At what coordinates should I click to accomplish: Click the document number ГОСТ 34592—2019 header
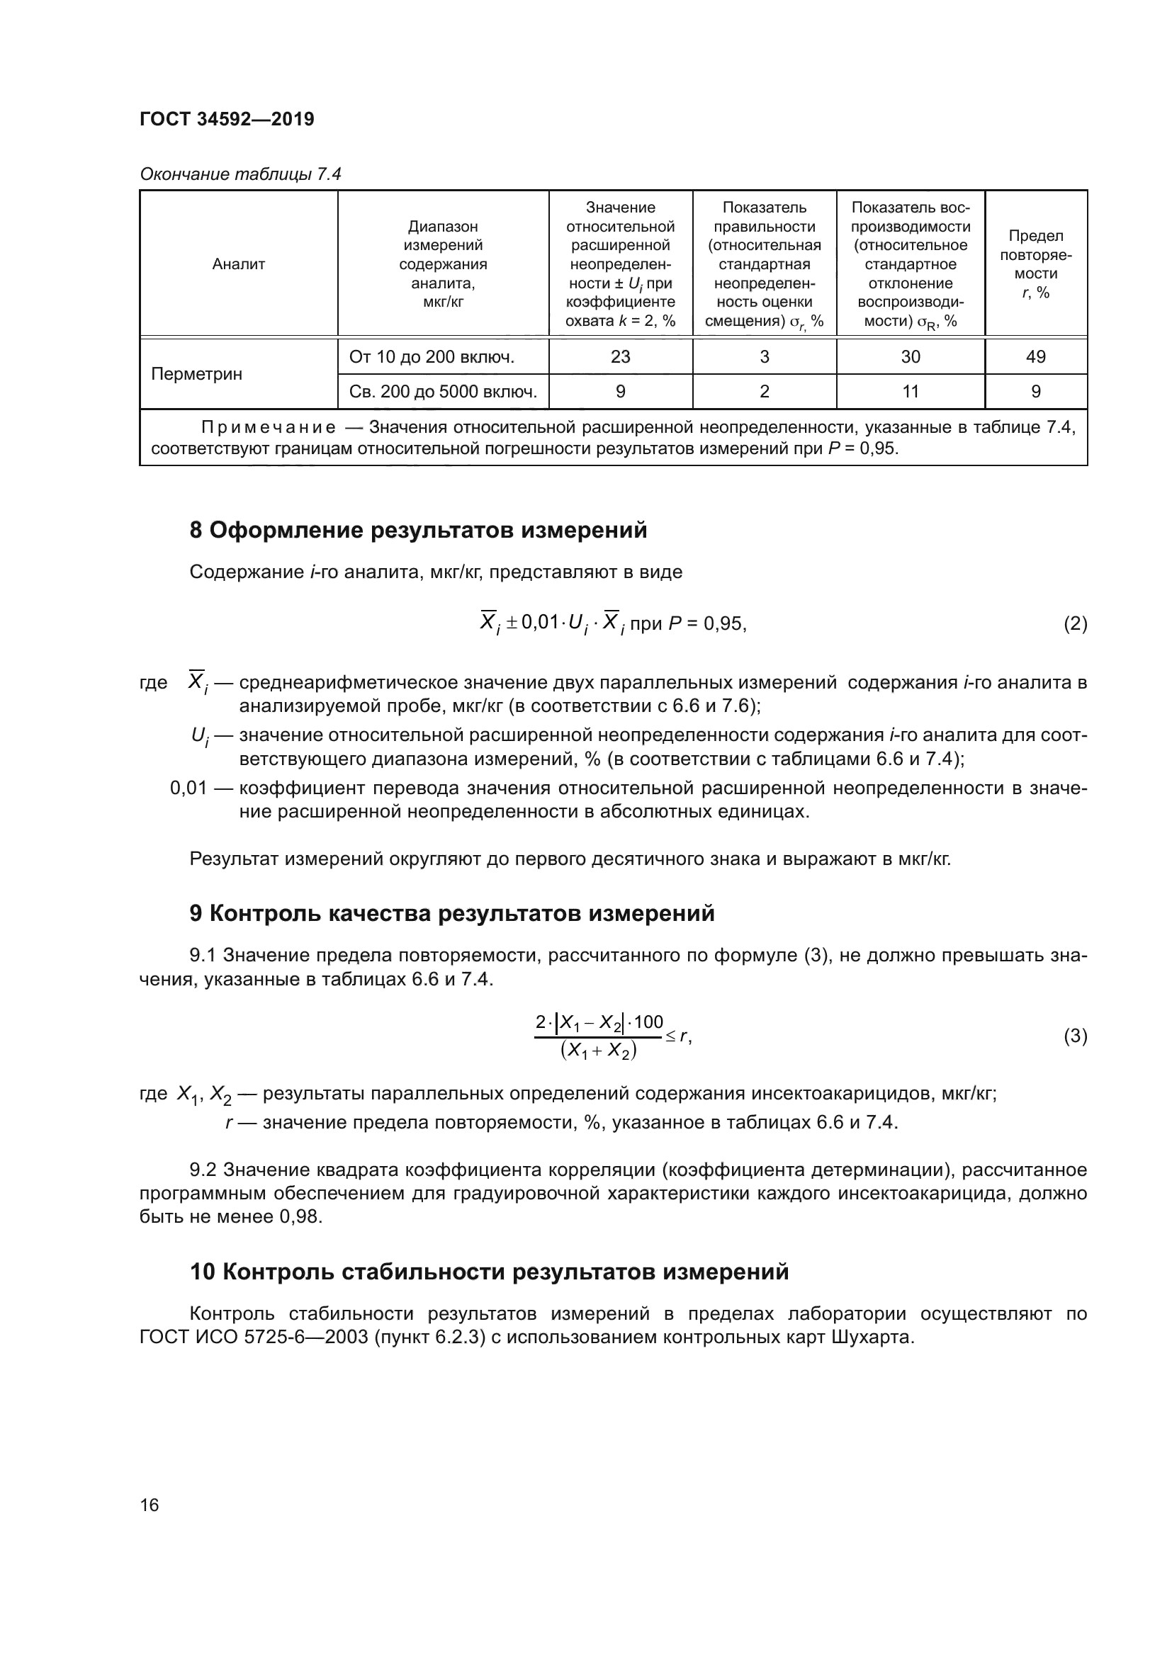click(227, 119)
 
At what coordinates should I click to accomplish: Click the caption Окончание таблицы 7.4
click(240, 174)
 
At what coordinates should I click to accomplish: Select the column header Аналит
click(238, 264)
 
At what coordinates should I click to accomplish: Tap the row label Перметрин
click(196, 374)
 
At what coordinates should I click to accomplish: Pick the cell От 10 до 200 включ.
click(432, 356)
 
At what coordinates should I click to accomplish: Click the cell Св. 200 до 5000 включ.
click(442, 391)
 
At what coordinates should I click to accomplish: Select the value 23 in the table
click(620, 356)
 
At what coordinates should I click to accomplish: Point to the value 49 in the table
click(1036, 356)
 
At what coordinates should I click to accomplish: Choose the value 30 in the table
click(910, 356)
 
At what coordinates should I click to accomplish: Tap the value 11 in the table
click(910, 391)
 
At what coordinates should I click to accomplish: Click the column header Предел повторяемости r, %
click(1036, 264)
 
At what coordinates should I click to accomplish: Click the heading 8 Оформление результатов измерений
click(418, 531)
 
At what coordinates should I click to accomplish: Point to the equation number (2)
click(1075, 623)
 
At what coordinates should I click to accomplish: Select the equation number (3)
click(1075, 1036)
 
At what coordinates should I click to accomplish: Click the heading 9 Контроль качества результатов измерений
click(452, 913)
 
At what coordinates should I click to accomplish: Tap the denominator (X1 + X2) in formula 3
click(598, 1051)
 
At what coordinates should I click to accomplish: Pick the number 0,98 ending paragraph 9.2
click(300, 1216)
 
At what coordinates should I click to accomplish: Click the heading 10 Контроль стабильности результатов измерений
click(489, 1271)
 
